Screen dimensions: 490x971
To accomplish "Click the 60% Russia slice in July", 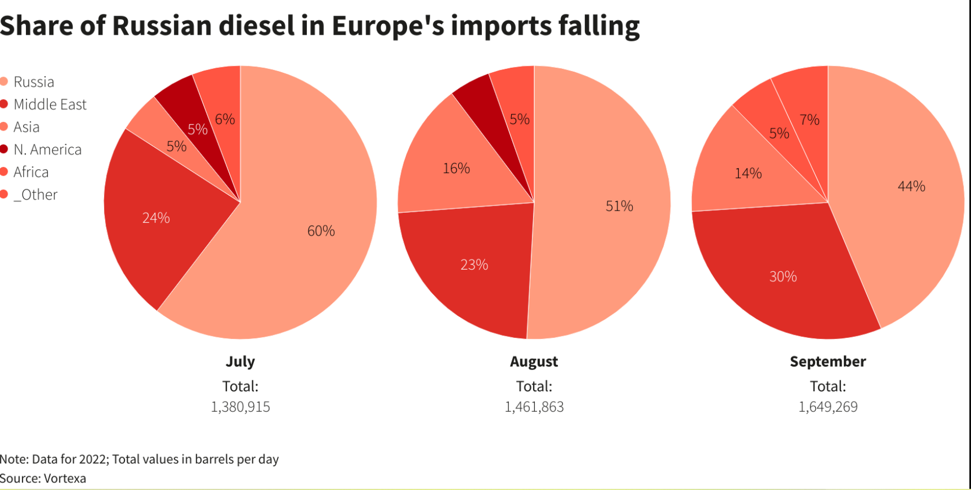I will click(x=308, y=243).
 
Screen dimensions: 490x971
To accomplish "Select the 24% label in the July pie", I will click(x=156, y=218).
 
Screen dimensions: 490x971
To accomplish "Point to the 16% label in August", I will click(x=457, y=169).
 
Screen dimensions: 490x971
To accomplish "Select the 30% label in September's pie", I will click(x=783, y=277).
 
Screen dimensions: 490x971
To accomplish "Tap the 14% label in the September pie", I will click(x=748, y=174).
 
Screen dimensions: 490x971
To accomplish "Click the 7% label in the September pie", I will click(x=809, y=120).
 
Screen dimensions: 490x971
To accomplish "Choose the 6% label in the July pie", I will click(x=225, y=120).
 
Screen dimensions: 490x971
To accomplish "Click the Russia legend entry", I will click(x=34, y=82).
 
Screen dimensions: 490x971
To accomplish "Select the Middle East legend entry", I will click(x=50, y=105).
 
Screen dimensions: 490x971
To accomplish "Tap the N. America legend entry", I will click(x=47, y=150).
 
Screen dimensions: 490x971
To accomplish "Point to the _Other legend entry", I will click(x=35, y=195).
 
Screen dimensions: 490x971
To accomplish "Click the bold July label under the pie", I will click(x=240, y=362).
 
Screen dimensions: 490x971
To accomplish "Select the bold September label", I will click(x=828, y=362).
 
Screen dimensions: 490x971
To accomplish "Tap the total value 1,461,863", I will click(x=534, y=407).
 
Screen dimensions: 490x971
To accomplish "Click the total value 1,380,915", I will click(x=240, y=407).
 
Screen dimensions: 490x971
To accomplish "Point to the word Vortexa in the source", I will click(x=65, y=478).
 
